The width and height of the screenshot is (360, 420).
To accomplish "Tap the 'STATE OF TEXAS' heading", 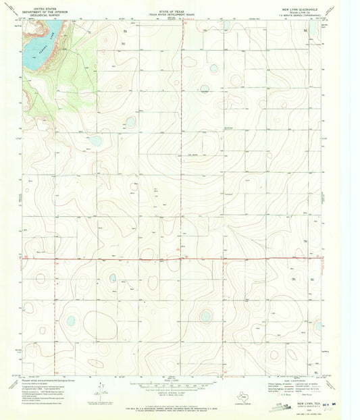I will (174, 5).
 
